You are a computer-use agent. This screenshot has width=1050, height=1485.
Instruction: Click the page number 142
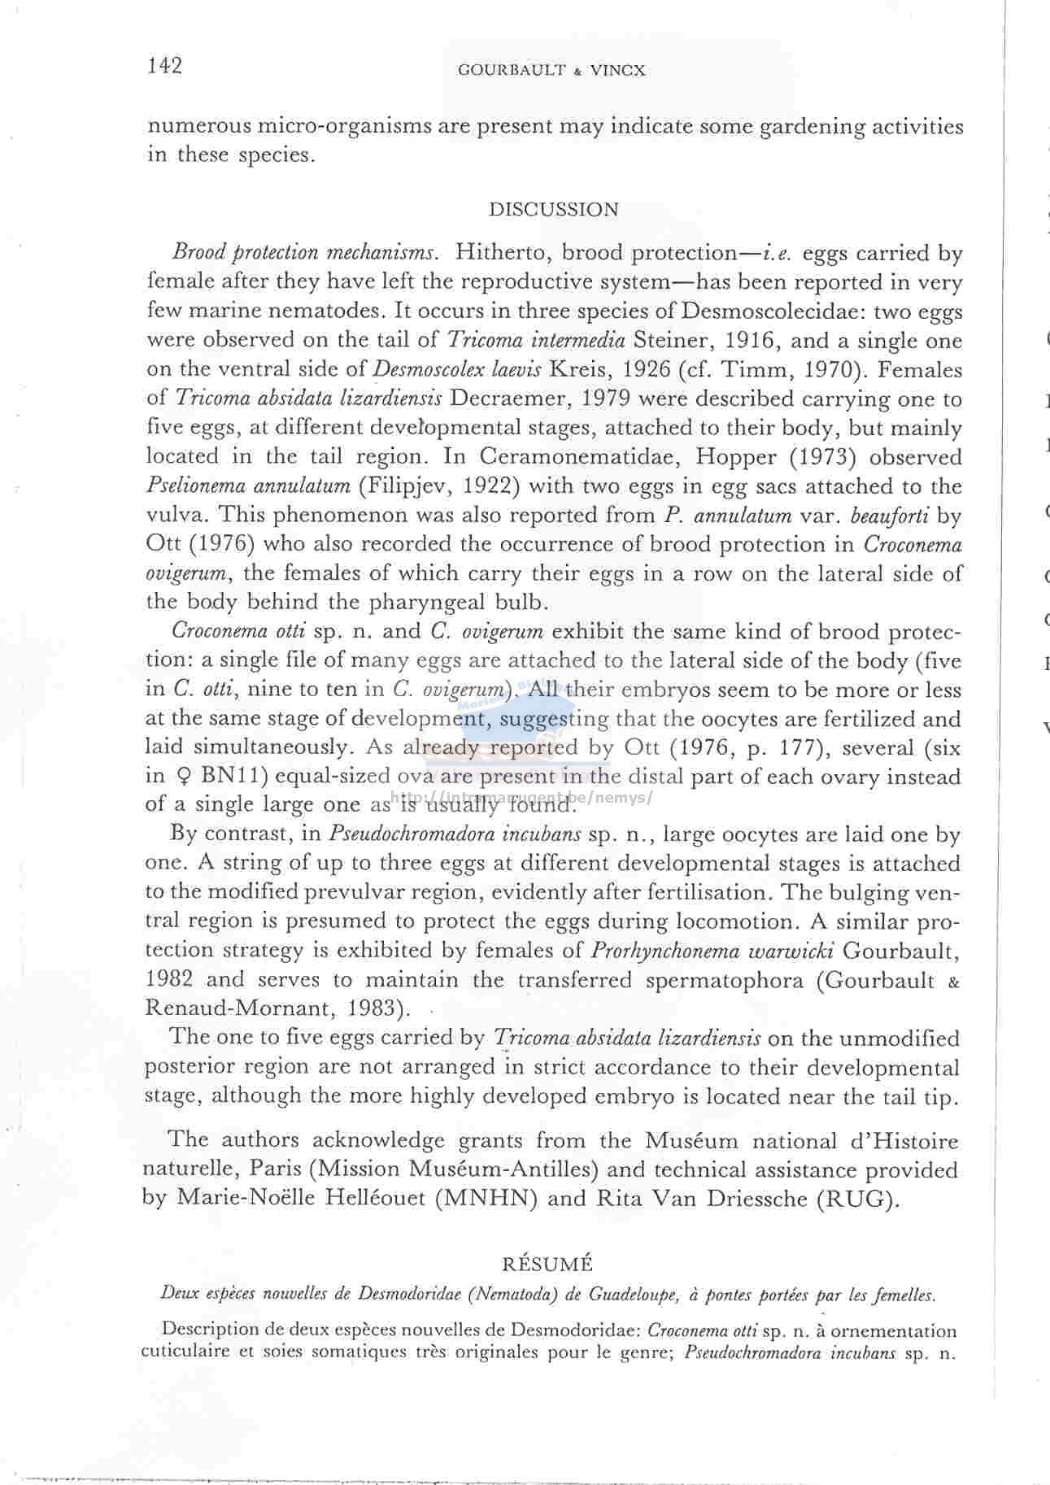[165, 66]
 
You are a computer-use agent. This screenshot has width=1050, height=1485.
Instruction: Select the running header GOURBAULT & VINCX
[551, 71]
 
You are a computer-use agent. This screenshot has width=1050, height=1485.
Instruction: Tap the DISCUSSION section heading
[553, 210]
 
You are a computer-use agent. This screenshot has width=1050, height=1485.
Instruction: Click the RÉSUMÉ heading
[547, 1264]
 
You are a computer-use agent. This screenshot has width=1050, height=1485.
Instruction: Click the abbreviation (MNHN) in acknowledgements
[487, 1200]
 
